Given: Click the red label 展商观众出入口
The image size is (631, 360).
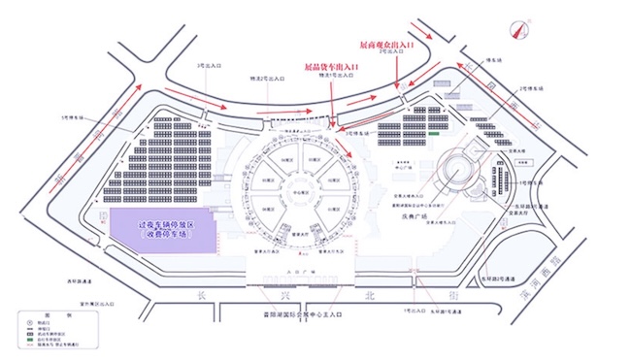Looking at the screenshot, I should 386,45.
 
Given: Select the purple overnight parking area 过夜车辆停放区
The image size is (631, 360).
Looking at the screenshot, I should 158,229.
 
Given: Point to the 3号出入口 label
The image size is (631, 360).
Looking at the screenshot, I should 208,65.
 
